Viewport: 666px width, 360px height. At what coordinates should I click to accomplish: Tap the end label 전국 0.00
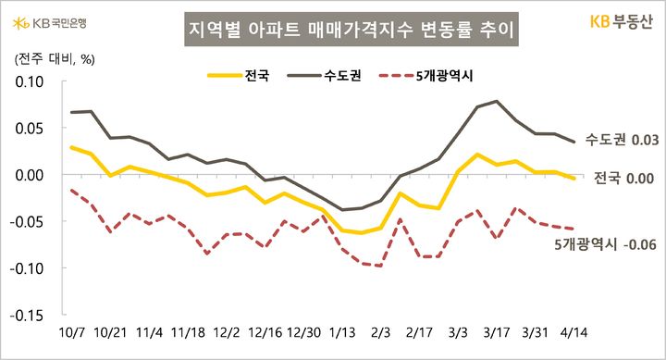coord(620,178)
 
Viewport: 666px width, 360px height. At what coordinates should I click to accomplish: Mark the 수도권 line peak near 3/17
coord(497,101)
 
